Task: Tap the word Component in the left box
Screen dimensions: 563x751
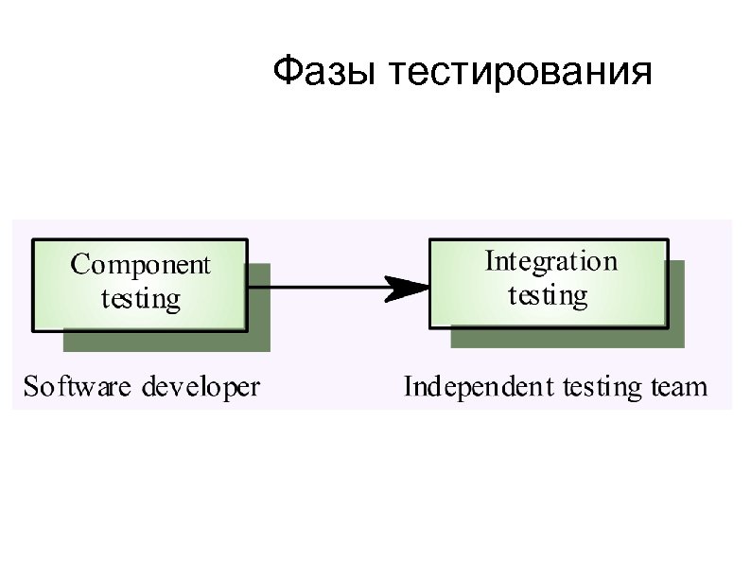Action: click(x=140, y=266)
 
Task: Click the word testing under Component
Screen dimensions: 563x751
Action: click(x=140, y=299)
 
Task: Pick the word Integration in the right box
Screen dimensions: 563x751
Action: click(x=550, y=261)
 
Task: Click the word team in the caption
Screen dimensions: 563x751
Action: click(x=680, y=387)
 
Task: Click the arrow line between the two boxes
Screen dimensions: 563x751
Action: click(x=322, y=287)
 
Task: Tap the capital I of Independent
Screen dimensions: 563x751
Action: click(x=410, y=386)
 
